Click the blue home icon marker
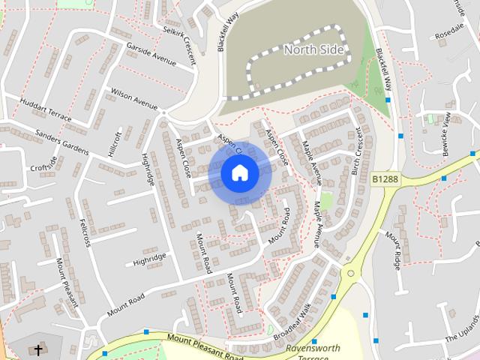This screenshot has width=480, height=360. (x=239, y=173)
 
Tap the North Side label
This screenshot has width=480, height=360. (x=314, y=50)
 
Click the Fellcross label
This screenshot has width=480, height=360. (x=85, y=232)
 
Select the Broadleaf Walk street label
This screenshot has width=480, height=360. (x=292, y=322)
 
